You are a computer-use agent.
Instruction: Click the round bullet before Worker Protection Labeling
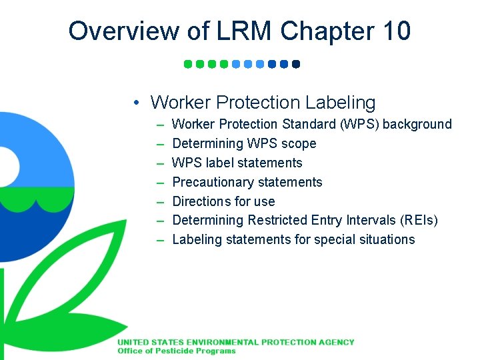click(135, 103)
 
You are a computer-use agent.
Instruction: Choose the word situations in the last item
click(387, 240)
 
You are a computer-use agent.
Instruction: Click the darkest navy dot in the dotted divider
click(296, 65)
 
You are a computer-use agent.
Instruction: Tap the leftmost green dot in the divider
click(188, 65)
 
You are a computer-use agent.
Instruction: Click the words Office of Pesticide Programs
click(177, 351)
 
